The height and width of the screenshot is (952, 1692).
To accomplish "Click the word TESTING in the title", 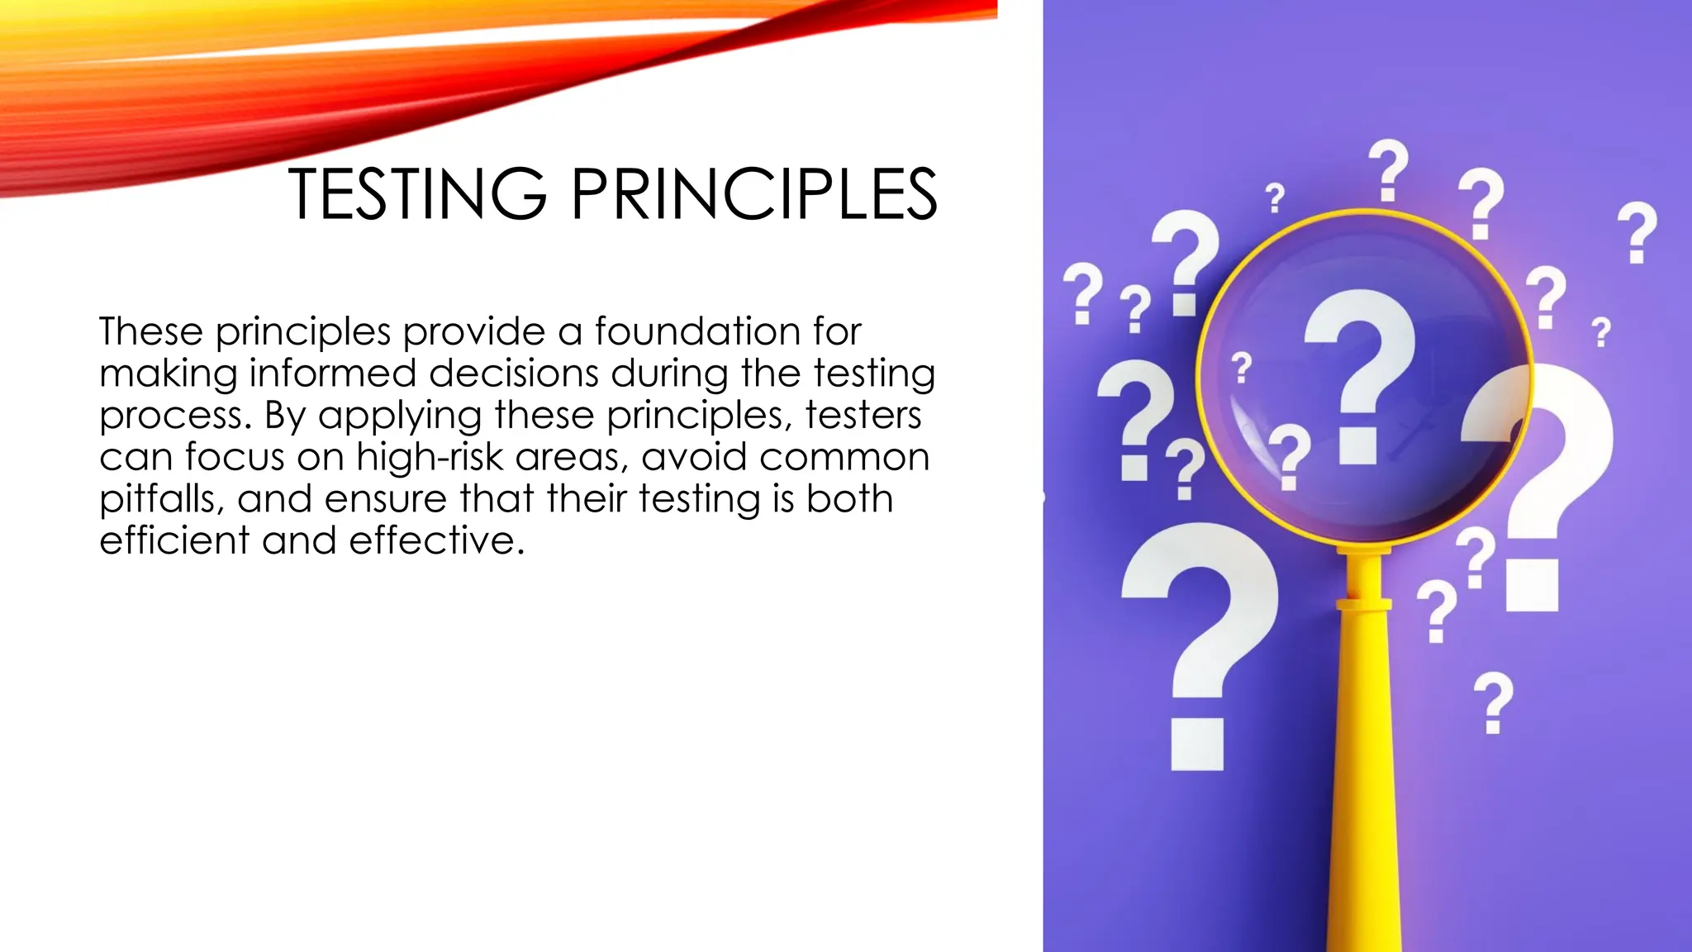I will point(417,194).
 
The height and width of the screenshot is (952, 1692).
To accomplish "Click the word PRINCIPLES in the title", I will point(753,194).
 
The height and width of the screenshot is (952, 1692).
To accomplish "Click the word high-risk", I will point(430,457).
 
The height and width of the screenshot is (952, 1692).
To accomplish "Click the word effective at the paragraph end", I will point(436,540).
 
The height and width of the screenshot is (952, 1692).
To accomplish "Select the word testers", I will point(863,415).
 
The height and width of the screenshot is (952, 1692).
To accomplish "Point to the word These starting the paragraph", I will point(150,331).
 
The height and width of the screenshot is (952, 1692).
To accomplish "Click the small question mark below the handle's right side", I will point(1494,702).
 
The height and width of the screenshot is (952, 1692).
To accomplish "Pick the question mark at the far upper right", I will point(1637,232).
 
